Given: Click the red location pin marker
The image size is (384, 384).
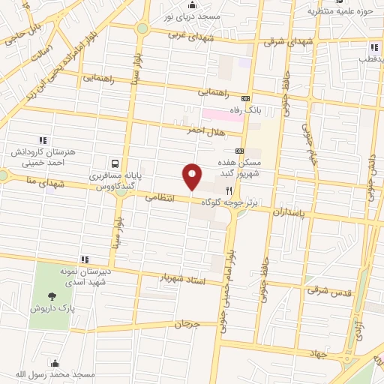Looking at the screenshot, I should point(192,176).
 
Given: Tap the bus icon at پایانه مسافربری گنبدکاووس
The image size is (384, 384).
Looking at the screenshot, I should point(114,163).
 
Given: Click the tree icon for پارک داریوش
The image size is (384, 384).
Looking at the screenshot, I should point(52,297).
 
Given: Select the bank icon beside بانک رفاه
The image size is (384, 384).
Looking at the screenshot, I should point(245,99).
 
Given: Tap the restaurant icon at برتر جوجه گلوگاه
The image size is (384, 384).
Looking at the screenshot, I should point(229,190).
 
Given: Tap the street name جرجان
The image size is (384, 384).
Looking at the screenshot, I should point(189,325).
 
